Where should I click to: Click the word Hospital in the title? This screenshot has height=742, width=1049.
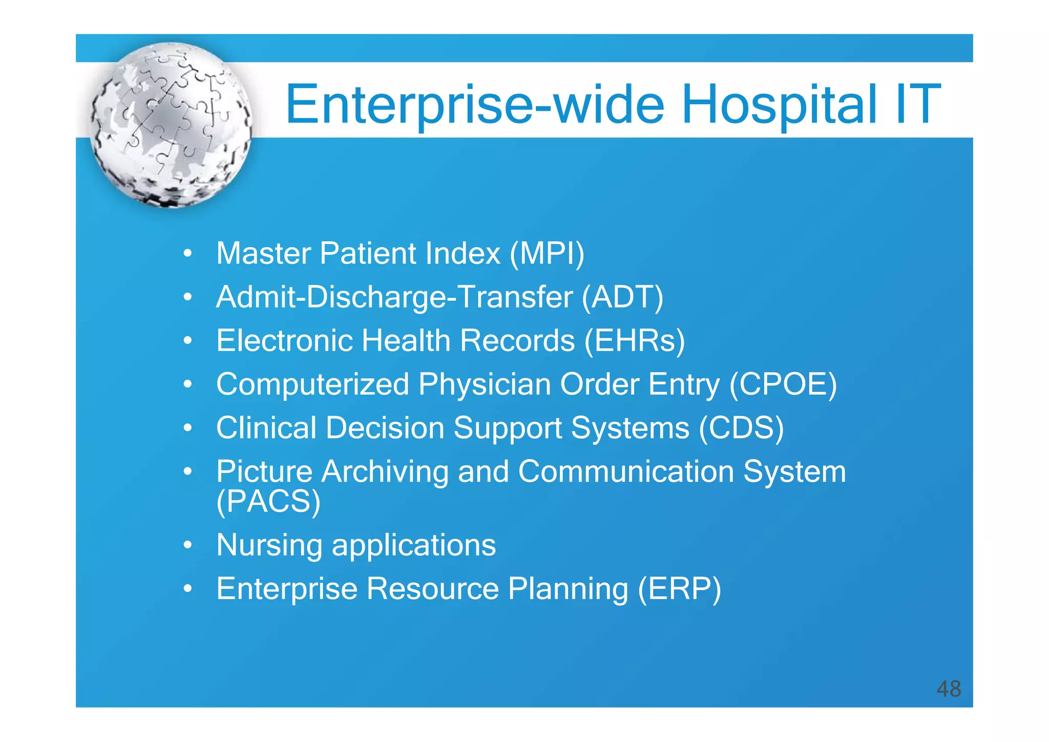coord(779,105)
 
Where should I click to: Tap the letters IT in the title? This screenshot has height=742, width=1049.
coord(917,105)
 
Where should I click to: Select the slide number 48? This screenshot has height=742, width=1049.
coord(948,689)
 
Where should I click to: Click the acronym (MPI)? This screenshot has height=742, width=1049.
coord(547,253)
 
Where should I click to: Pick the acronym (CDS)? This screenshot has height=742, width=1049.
coord(741,427)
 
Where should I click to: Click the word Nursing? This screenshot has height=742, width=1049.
coord(269,545)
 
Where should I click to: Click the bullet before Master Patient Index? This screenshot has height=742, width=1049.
coord(188,253)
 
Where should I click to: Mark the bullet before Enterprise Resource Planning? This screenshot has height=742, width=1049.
coord(188,589)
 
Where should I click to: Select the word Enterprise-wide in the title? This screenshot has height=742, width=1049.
coord(474,105)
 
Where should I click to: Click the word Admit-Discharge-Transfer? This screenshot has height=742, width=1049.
coord(394,297)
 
